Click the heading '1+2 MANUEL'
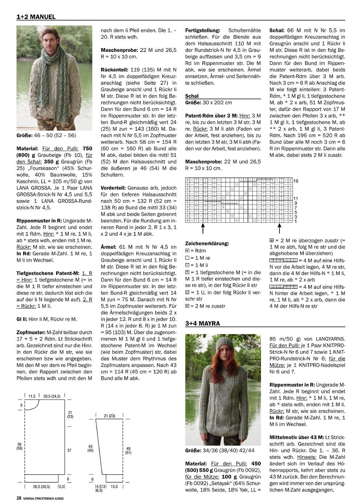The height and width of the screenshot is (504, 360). pos(36,17)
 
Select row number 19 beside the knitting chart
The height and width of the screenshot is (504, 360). pos(296,181)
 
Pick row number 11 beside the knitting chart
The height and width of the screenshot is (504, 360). pos(296,198)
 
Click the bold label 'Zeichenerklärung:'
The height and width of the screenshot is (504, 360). pos(207,243)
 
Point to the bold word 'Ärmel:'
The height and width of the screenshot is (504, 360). pos(108,246)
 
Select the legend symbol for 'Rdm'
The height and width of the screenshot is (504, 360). pos(187,250)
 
